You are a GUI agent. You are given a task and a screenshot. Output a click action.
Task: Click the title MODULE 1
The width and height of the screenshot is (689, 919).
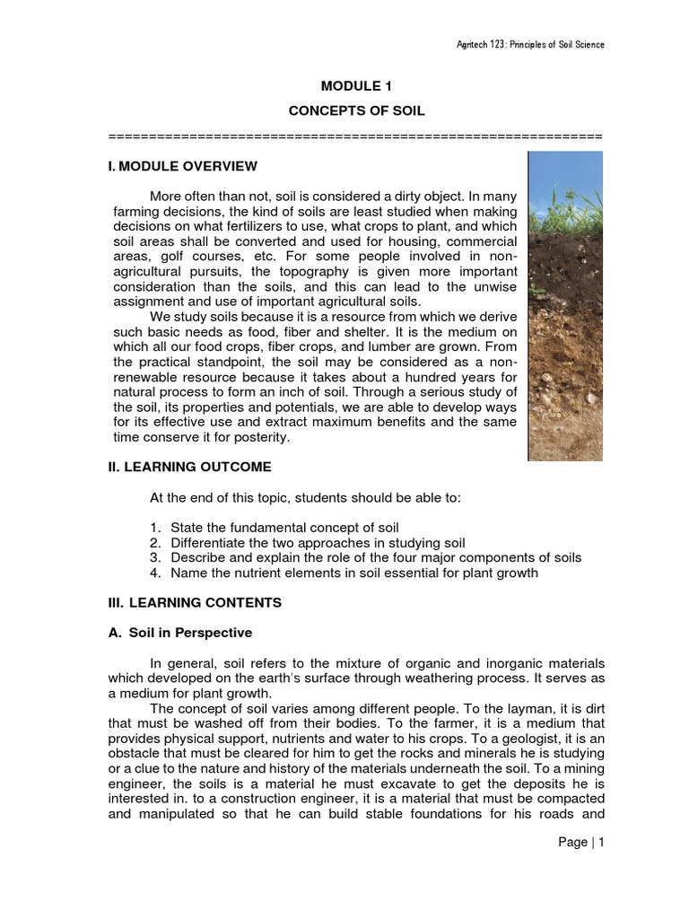pos(356,86)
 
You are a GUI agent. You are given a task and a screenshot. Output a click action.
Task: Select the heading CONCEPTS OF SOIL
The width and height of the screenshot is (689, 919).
pos(356,110)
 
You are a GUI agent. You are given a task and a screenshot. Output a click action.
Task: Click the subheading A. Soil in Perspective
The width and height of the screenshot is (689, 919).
pos(179,632)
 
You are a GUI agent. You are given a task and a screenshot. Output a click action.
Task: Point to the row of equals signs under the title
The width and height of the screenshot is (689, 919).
pos(356,136)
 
